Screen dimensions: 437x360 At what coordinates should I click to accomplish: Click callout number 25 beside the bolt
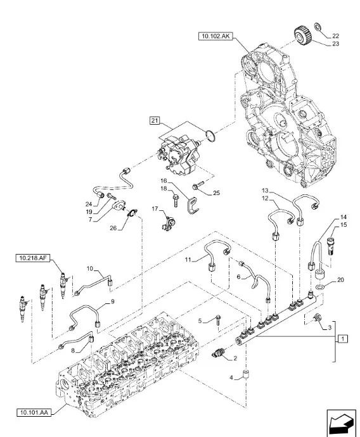(215, 192)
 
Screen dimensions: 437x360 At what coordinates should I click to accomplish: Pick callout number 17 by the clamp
(154, 208)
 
